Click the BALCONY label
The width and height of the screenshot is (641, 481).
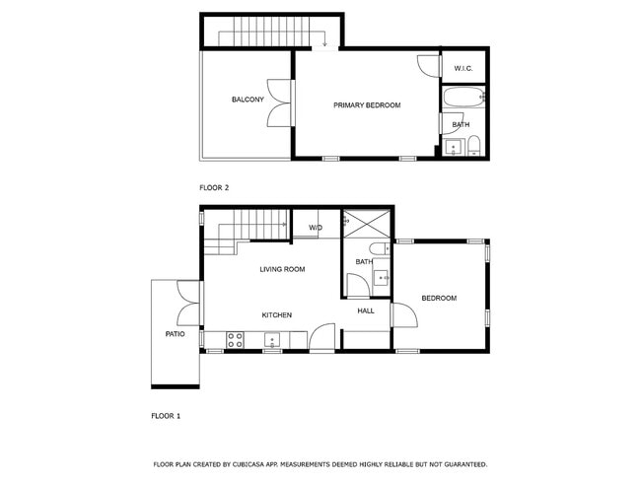248,100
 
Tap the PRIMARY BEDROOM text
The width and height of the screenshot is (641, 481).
367,104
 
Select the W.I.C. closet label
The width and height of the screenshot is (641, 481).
463,68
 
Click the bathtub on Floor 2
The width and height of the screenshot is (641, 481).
462,97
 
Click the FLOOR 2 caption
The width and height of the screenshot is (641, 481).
214,187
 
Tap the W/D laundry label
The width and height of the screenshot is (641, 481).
316,228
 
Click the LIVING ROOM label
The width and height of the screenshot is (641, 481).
282,269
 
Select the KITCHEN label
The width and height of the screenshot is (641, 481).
276,315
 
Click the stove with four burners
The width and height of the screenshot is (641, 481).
236,339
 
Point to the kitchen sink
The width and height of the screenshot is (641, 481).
271,340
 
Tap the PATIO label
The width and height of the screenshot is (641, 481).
175,334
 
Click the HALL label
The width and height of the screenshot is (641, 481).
366,311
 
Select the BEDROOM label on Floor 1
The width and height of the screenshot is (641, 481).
439,298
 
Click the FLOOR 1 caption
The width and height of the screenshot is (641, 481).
166,416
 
